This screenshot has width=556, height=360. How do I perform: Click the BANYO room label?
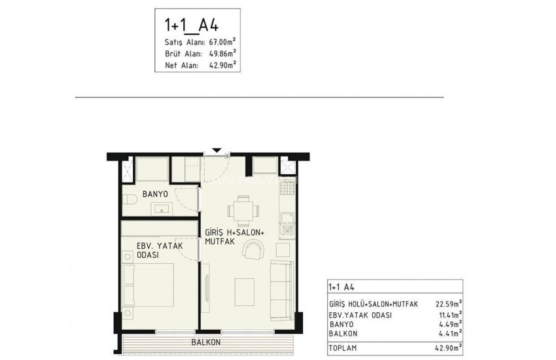156,195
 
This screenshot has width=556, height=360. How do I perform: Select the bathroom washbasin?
161,209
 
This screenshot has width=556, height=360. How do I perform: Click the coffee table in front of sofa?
245,289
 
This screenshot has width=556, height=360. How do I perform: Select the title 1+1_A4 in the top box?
191,26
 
